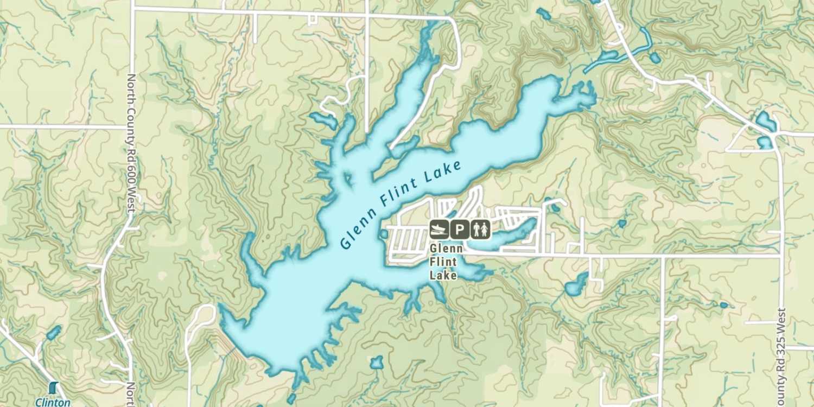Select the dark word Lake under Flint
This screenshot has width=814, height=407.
click(x=443, y=276)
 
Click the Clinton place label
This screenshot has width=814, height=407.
click(x=53, y=402)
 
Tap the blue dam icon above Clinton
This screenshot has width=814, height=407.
click(x=53, y=388)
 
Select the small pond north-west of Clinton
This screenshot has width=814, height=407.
click(x=53, y=332)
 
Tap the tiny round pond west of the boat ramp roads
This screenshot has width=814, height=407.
click(x=384, y=234)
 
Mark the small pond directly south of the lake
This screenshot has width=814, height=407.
click(x=376, y=363)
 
